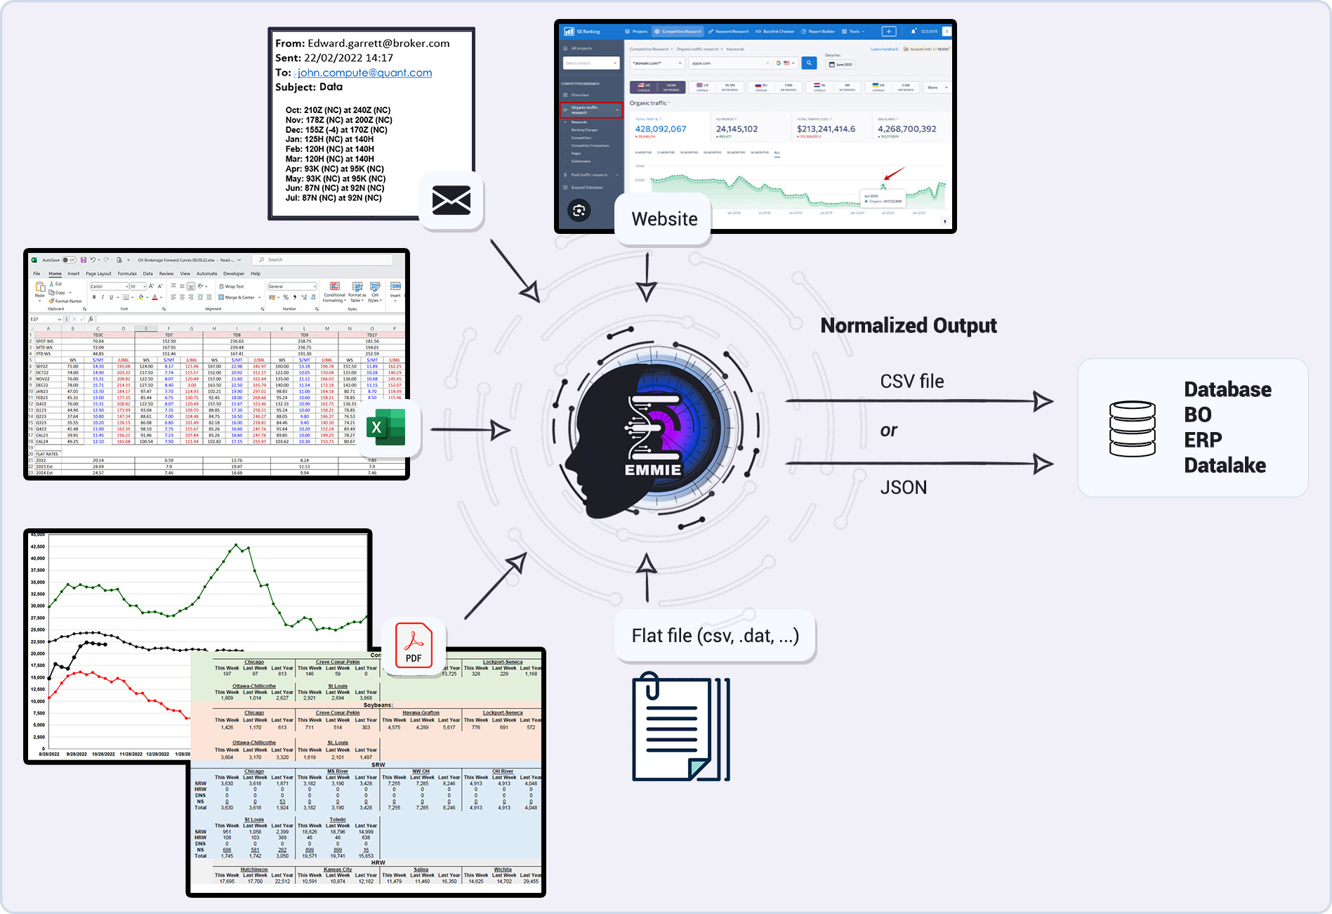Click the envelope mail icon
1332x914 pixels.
pyautogui.click(x=451, y=201)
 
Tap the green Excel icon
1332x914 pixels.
pyautogui.click(x=386, y=427)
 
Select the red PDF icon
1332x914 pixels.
pyautogui.click(x=414, y=645)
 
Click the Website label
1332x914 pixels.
pyautogui.click(x=664, y=219)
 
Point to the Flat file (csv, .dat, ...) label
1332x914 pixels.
pyautogui.click(x=715, y=636)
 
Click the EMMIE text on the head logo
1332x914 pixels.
pyautogui.click(x=653, y=470)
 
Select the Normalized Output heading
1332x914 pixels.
pyautogui.click(x=909, y=325)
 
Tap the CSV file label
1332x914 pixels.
pyautogui.click(x=912, y=381)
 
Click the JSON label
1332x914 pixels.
pyautogui.click(x=904, y=488)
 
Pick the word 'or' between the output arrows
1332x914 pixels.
pyautogui.click(x=889, y=431)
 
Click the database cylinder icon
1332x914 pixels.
pyautogui.click(x=1132, y=429)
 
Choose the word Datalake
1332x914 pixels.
pyautogui.click(x=1225, y=465)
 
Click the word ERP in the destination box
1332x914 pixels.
pyautogui.click(x=1203, y=440)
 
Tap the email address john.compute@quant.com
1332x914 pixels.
pyautogui.click(x=364, y=72)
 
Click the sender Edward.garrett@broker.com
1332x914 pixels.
pyautogui.click(x=378, y=43)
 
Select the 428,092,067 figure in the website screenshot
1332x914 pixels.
pyautogui.click(x=661, y=129)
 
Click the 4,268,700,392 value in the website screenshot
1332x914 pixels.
pyautogui.click(x=906, y=129)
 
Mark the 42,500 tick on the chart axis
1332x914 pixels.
pyautogui.click(x=37, y=547)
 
